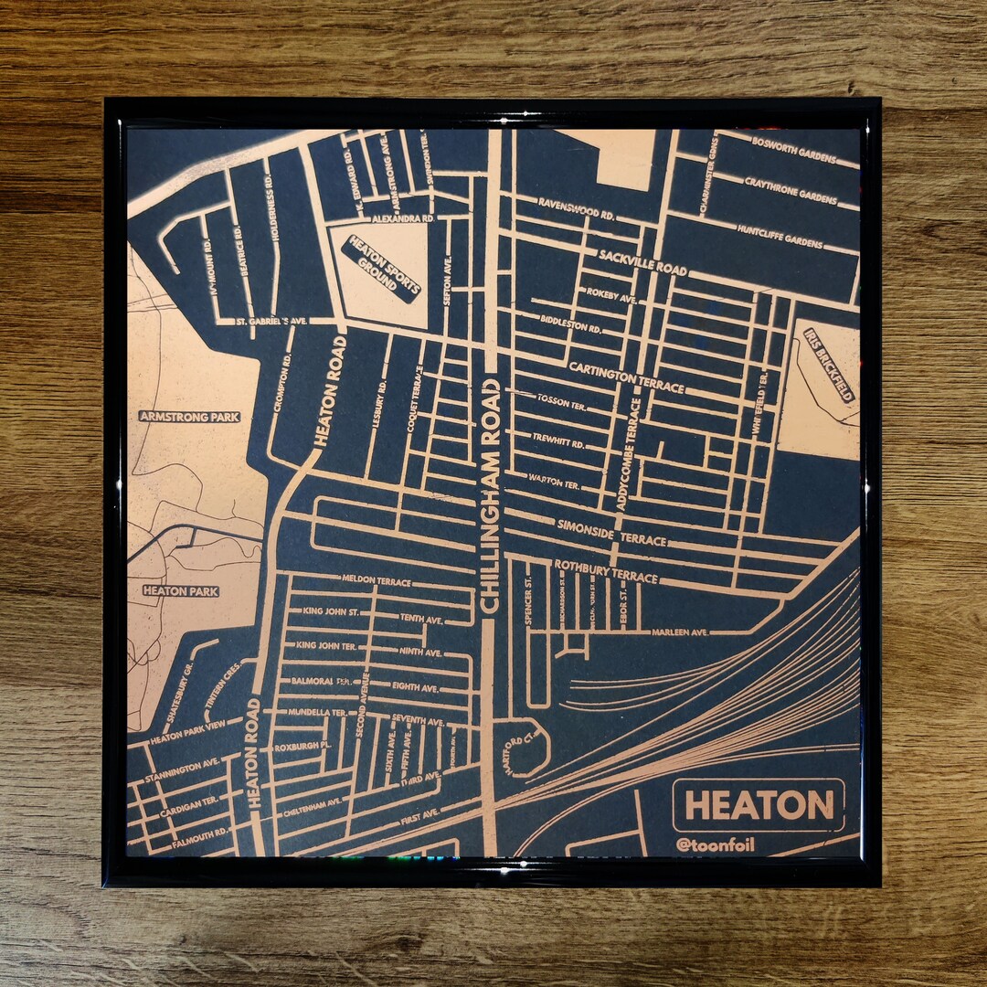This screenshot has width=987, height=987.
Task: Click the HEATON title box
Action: [x=759, y=805]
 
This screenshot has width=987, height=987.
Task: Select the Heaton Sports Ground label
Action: [x=380, y=269]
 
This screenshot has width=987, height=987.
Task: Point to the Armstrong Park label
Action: [x=189, y=417]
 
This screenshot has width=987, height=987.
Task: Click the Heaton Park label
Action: [x=181, y=591]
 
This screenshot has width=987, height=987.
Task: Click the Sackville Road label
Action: [x=642, y=263]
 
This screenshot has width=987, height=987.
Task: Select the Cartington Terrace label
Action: [x=626, y=377]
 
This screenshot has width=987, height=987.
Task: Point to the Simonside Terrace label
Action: [x=611, y=532]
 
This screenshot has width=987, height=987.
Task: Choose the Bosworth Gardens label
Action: [x=794, y=151]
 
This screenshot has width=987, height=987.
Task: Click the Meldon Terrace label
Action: [x=377, y=579]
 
